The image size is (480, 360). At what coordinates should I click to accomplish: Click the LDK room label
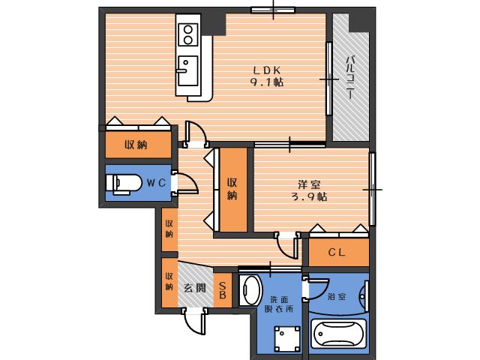click(x=267, y=70)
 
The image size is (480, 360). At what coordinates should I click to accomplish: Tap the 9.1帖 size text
click(x=267, y=82)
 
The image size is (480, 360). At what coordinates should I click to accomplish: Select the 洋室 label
click(x=310, y=184)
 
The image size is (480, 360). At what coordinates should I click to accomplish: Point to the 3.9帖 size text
click(x=310, y=196)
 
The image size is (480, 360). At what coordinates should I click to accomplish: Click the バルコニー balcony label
click(x=350, y=77)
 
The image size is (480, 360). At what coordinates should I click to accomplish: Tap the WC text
click(x=156, y=183)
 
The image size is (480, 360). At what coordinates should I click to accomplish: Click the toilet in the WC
click(x=124, y=184)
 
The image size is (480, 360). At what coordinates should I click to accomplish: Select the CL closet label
click(x=337, y=252)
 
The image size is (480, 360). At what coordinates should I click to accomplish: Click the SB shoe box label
click(x=223, y=290)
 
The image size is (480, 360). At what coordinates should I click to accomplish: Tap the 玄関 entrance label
click(x=195, y=288)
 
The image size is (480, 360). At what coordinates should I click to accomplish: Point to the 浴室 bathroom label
click(x=337, y=296)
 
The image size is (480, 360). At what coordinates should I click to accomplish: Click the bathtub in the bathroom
click(x=338, y=334)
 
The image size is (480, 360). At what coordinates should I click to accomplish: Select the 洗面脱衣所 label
click(x=279, y=304)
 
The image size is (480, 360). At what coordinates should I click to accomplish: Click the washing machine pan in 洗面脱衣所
click(x=287, y=339)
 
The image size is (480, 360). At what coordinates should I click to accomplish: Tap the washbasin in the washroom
click(x=250, y=289)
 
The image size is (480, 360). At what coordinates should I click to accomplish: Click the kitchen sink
click(x=187, y=70)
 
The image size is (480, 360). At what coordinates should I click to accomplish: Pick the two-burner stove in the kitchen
click(x=188, y=34)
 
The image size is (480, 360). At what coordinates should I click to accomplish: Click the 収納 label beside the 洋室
click(x=232, y=189)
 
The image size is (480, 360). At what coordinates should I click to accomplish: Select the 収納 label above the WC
click(x=136, y=145)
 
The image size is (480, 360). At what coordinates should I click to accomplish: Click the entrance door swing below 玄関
click(x=195, y=322)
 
